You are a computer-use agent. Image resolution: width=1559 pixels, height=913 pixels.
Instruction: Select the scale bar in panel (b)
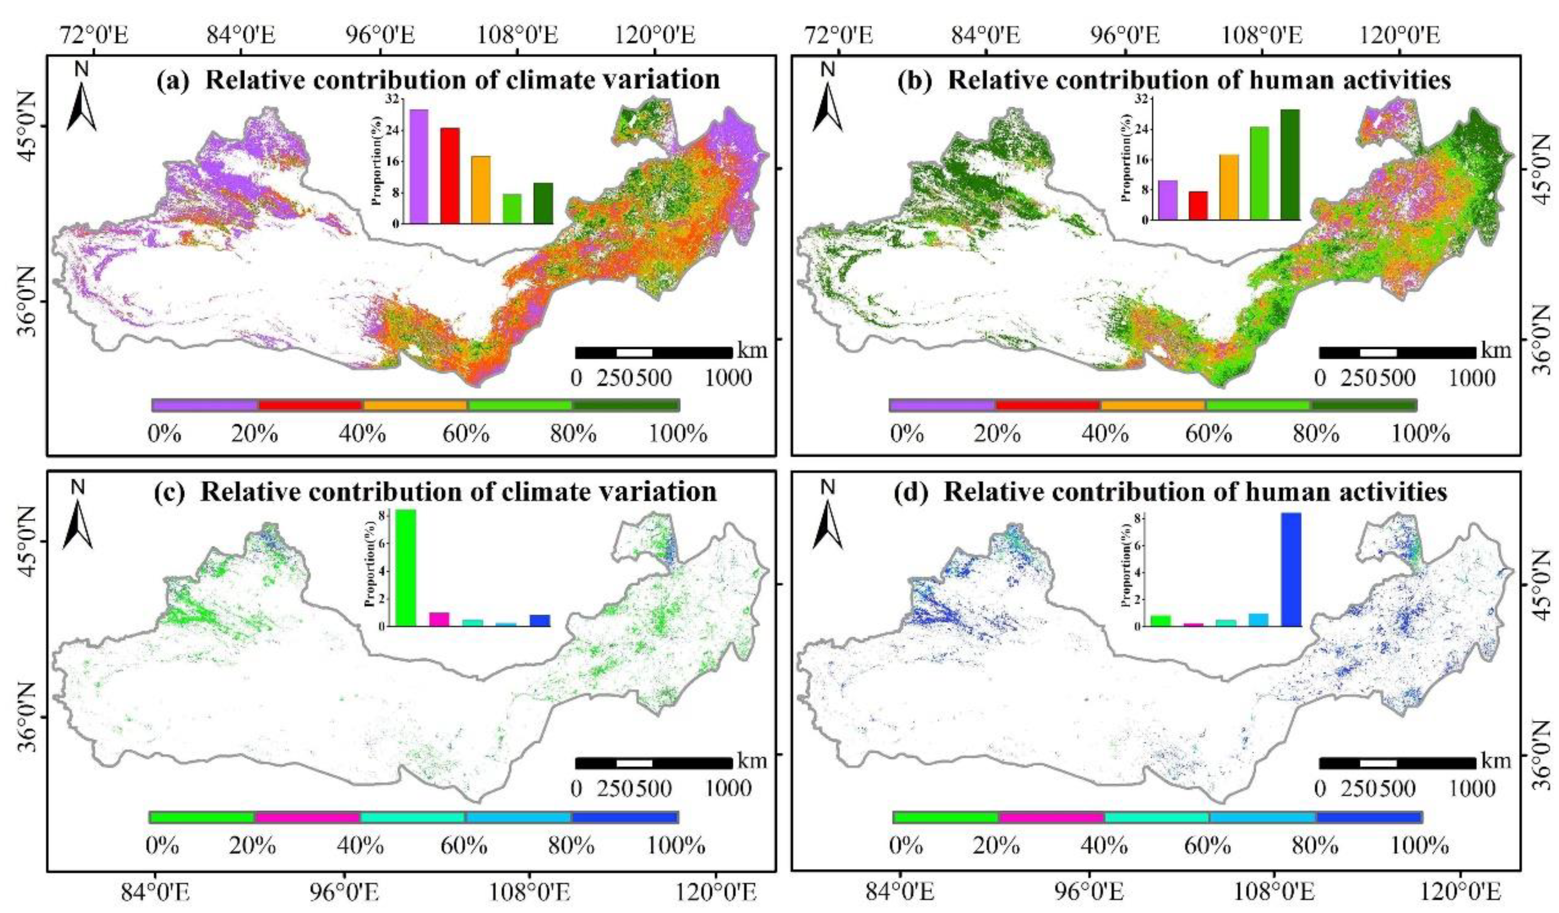(1397, 353)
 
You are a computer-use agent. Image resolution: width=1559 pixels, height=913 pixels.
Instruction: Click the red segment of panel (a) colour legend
(310, 405)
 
